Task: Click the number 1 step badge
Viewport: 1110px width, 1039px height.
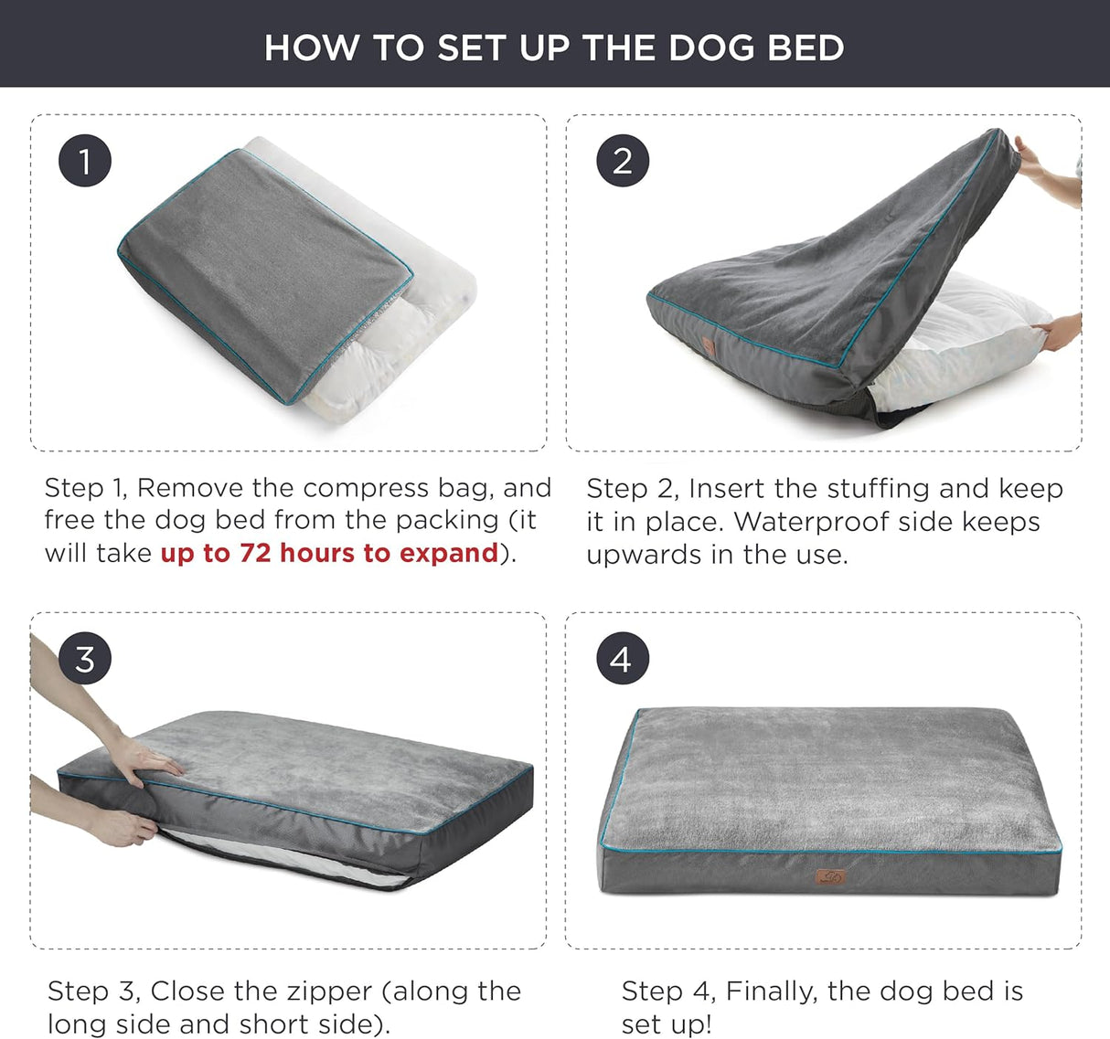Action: click(85, 162)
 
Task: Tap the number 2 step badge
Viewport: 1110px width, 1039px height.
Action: click(623, 162)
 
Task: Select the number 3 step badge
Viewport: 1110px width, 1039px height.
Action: click(85, 658)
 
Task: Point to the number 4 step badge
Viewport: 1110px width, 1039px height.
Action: click(623, 658)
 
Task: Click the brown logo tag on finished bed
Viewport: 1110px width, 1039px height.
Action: click(830, 878)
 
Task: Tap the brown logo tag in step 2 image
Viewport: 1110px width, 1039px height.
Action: click(708, 347)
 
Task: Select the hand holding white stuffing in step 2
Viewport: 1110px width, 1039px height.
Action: click(1061, 331)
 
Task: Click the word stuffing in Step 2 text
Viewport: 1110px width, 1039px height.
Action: click(878, 488)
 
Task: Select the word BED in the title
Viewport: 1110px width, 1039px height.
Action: click(806, 48)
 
